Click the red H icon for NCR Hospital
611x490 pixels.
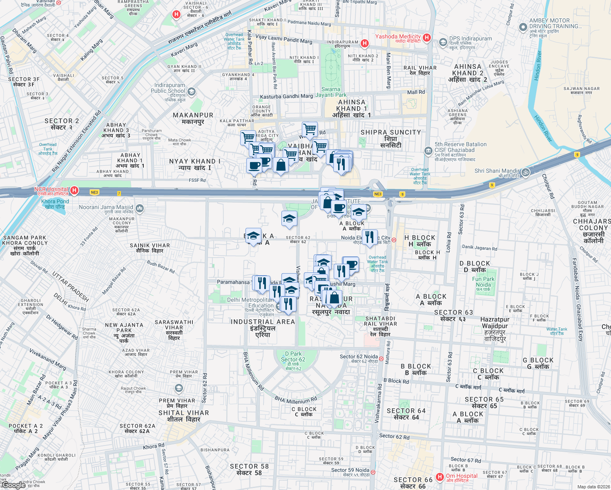(74, 190)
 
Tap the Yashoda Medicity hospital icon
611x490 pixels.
(427, 38)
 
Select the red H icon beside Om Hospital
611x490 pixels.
(440, 477)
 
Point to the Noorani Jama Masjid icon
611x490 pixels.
(140, 209)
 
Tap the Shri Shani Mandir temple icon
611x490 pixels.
(526, 172)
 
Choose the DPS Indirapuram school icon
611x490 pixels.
(443, 42)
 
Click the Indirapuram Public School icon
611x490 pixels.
(192, 92)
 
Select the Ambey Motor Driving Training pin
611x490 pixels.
(523, 27)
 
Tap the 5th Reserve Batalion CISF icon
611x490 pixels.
(428, 151)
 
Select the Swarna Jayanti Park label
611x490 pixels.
(331, 92)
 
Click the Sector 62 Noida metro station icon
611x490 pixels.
(381, 359)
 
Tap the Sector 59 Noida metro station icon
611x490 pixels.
(373, 472)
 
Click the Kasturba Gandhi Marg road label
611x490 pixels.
(286, 96)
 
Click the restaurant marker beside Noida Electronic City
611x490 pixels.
(370, 237)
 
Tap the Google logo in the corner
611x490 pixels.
(14, 485)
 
